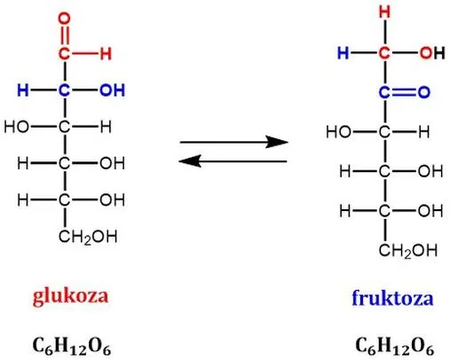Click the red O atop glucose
tap(64, 19)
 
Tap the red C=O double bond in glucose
tap(64, 36)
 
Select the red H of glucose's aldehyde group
tap(106, 54)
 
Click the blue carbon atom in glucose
tap(64, 90)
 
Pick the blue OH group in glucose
tap(112, 90)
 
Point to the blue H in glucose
tap(23, 90)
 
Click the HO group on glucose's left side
tap(17, 127)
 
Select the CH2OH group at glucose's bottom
tap(88, 237)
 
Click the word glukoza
tap(70, 296)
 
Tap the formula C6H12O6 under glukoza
tap(72, 346)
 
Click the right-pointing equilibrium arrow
tap(234, 142)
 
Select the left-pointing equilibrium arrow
tap(233, 161)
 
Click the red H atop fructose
tap(384, 12)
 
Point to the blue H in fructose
tap(343, 53)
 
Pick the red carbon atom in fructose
tap(384, 53)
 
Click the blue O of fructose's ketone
tap(424, 92)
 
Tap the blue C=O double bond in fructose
tap(404, 92)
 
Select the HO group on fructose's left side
tap(338, 131)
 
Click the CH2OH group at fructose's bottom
tap(408, 251)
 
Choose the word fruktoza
tap(392, 298)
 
